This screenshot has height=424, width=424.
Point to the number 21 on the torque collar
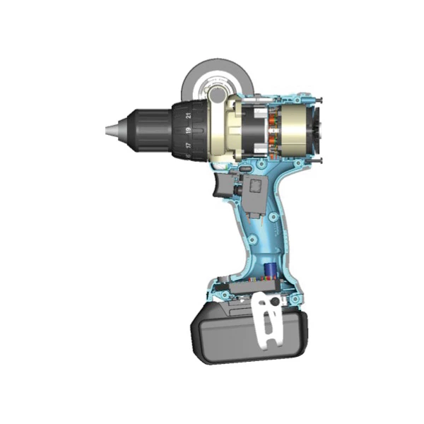point(189,115)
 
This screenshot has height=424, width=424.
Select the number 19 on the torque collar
point(188,131)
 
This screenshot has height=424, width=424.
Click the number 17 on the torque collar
point(188,145)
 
